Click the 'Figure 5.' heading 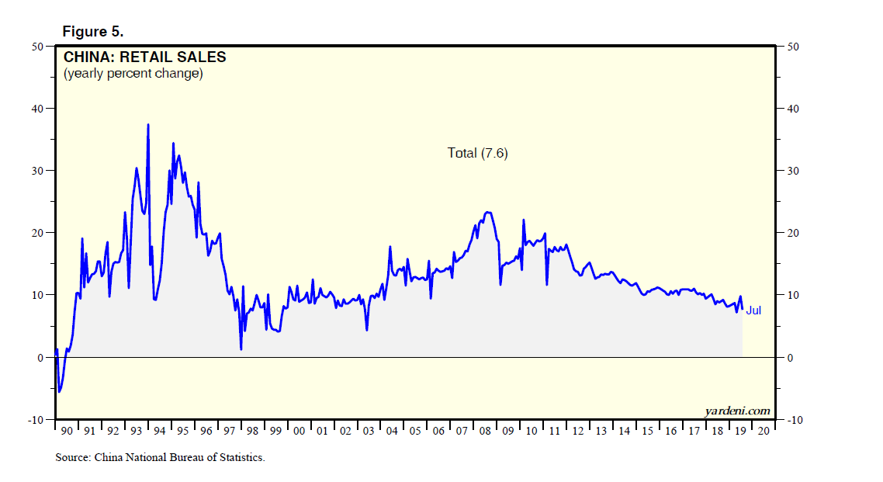(92, 31)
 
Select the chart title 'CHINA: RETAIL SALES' (144, 57)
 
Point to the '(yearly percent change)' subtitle (133, 74)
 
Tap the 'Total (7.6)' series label (477, 153)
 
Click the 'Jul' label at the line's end (753, 310)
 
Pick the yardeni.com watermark (738, 411)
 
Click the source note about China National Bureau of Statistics (160, 457)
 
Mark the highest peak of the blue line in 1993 (148, 124)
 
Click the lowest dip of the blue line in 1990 (59, 392)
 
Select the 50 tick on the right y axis (793, 47)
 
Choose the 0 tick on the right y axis (790, 358)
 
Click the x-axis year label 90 (66, 430)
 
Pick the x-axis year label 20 (764, 430)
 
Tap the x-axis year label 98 (253, 430)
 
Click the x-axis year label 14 (625, 430)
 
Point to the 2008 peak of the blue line (487, 212)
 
